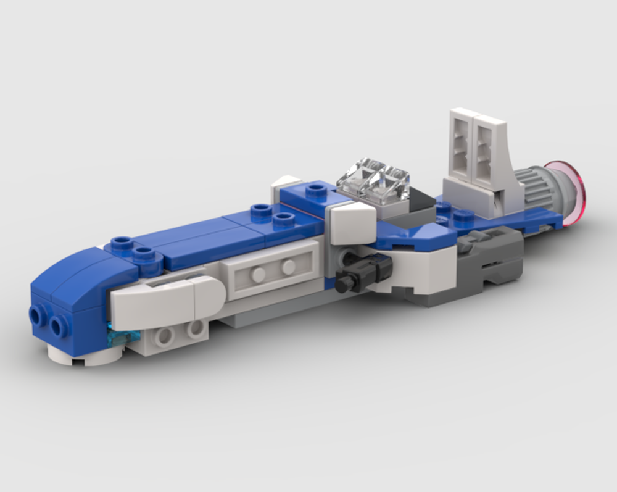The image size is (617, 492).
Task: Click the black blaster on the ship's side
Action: [x=364, y=272]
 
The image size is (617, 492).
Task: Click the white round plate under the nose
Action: [x=86, y=356]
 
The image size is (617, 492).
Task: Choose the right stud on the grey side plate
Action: [x=289, y=267]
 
